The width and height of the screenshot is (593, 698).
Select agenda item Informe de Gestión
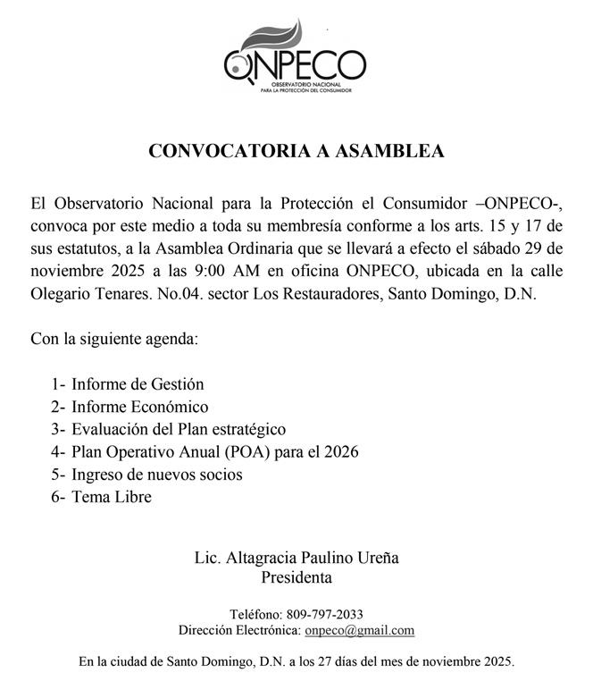tap(138, 384)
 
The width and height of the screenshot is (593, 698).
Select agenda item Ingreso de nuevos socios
tap(156, 475)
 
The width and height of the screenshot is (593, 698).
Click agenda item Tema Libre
tap(112, 497)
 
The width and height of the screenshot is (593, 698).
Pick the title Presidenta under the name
tap(296, 577)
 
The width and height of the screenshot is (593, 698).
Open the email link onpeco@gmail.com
tap(359, 630)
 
